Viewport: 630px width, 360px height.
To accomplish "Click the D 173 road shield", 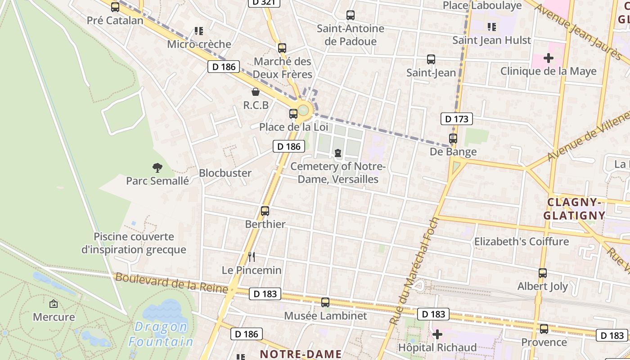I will [x=457, y=119].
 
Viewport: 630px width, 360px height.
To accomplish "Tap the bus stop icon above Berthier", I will [x=265, y=211].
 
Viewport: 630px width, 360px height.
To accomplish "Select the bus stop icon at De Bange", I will [x=453, y=139].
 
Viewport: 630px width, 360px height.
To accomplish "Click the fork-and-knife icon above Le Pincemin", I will [x=252, y=257].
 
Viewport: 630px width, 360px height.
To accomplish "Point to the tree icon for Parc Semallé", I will [x=157, y=168].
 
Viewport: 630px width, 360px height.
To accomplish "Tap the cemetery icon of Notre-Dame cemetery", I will [x=337, y=153].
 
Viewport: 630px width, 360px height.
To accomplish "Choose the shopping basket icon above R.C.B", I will [x=256, y=92].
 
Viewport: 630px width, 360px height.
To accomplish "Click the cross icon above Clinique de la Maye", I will [x=548, y=58].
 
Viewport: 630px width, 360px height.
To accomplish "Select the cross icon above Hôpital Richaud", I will [x=437, y=334].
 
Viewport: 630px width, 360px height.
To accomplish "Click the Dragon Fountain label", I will [x=161, y=333].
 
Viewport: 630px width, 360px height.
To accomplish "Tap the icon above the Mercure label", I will [x=54, y=304].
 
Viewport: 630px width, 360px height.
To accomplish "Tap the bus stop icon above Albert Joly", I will [x=543, y=273].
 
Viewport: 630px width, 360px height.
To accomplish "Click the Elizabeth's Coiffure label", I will [x=521, y=242].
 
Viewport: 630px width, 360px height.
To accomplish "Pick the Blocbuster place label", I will [x=225, y=173].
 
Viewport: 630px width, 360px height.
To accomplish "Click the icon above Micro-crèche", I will [x=198, y=31].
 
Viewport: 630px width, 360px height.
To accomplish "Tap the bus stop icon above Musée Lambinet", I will [x=325, y=302].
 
